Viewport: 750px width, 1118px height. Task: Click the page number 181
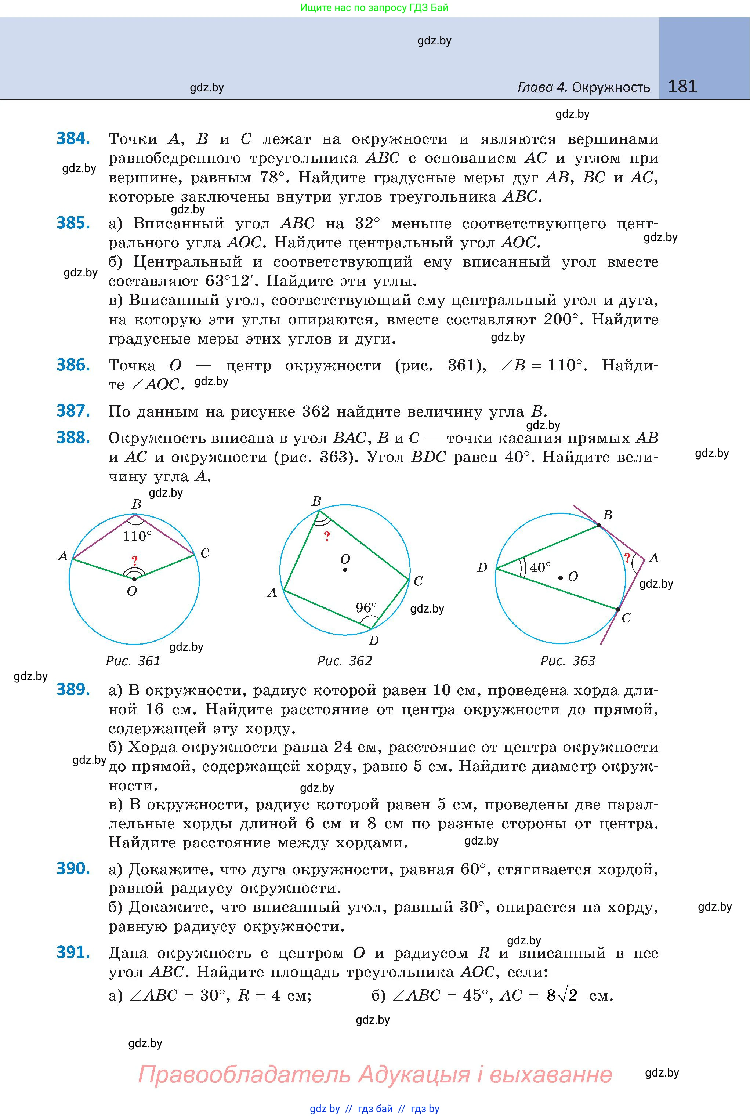pos(682,86)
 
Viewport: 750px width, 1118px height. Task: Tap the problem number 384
pos(73,139)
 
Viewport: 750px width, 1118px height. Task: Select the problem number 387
pos(73,411)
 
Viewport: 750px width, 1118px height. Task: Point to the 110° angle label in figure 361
pos(137,536)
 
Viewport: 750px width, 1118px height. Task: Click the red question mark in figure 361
pos(135,560)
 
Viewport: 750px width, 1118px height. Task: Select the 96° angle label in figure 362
pos(366,608)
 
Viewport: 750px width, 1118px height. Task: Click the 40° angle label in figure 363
pos(540,567)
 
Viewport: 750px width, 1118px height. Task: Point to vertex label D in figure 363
pos(482,567)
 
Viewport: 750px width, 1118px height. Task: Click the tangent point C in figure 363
pos(617,610)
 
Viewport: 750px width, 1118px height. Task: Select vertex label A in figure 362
pos(272,594)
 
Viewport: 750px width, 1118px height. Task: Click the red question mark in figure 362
pos(327,537)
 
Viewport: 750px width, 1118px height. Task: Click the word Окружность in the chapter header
pos(611,87)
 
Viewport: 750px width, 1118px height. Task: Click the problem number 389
pos(73,690)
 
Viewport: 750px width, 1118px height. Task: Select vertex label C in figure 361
pos(205,553)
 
